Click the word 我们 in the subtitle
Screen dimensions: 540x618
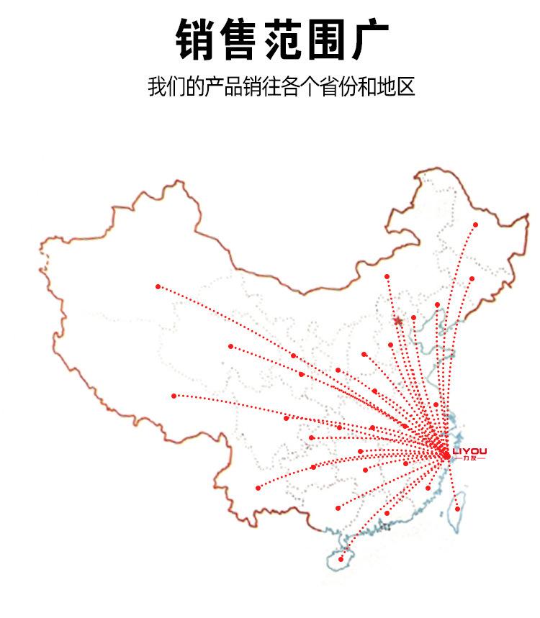[x=164, y=87]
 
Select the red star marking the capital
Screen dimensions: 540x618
[x=397, y=321]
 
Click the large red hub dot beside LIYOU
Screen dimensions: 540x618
[x=445, y=455]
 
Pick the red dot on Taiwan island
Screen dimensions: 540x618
[x=457, y=509]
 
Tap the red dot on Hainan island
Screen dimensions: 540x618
[x=341, y=559]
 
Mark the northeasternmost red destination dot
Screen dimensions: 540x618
[x=476, y=224]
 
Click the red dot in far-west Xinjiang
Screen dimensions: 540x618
[x=158, y=286]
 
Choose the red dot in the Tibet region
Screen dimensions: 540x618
[x=174, y=396]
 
